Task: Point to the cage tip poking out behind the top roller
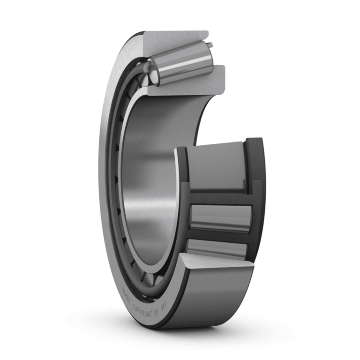pyautogui.click(x=210, y=45)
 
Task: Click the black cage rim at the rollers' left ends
pyautogui.click(x=183, y=206)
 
